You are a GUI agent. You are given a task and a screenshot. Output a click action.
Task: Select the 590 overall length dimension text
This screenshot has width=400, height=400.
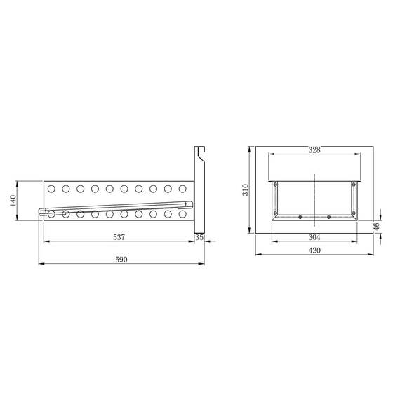pos(121,259)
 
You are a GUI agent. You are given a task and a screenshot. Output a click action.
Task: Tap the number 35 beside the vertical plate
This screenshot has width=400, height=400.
pos(199,238)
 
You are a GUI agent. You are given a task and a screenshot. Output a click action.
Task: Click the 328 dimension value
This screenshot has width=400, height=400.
pos(314,150)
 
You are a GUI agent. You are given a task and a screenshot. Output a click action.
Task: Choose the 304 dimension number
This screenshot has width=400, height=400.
pos(314,237)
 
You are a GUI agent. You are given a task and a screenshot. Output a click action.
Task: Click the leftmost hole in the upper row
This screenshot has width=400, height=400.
pos(51,189)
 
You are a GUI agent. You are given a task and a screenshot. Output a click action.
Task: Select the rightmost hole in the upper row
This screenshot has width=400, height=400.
pos(183,189)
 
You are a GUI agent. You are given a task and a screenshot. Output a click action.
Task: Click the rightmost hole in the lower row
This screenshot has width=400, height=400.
pos(183,213)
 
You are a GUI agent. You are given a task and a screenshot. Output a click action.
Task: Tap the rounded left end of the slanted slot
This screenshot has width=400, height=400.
pos(38,213)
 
